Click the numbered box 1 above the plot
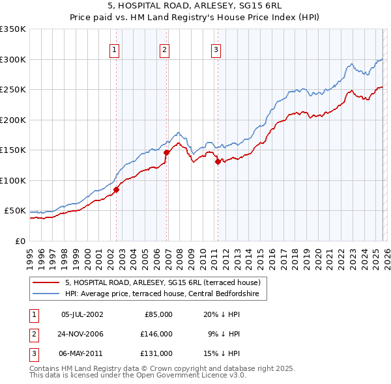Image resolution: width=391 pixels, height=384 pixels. pyautogui.click(x=114, y=49)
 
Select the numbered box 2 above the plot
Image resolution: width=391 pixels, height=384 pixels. pyautogui.click(x=165, y=49)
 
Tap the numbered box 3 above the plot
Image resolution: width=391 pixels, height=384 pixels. pyautogui.click(x=216, y=49)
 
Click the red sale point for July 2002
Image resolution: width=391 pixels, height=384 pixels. pyautogui.click(x=117, y=189)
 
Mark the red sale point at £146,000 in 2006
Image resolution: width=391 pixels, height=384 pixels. pyautogui.click(x=167, y=152)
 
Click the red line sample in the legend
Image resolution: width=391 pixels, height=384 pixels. pyautogui.click(x=47, y=282)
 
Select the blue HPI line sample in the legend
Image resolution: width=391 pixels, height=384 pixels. pyautogui.click(x=47, y=294)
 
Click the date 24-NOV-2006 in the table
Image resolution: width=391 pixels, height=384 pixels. pyautogui.click(x=82, y=334)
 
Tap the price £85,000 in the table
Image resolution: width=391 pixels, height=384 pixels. pyautogui.click(x=156, y=314)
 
